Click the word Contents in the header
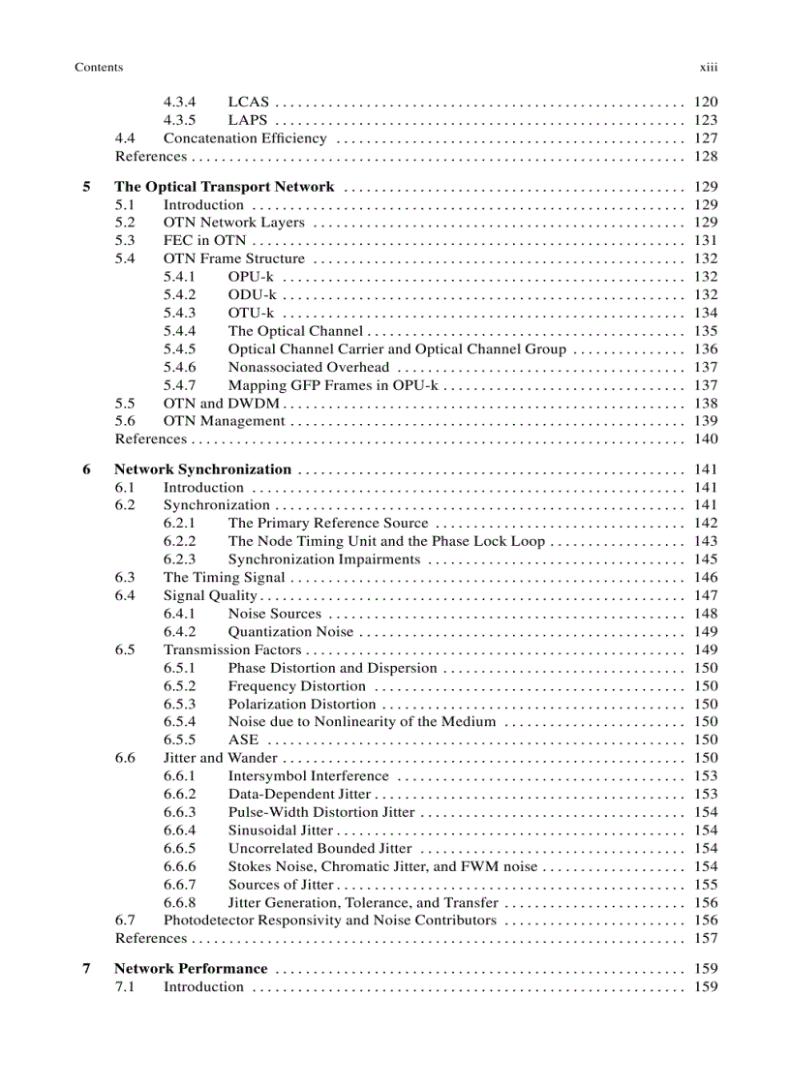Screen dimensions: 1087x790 click(x=99, y=68)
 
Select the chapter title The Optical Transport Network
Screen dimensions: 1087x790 click(x=224, y=187)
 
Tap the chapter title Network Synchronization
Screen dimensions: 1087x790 click(x=202, y=469)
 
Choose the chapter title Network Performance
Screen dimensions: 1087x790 click(x=191, y=969)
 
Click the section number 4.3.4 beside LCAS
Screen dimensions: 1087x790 click(x=179, y=102)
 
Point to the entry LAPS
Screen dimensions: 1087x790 click(x=247, y=120)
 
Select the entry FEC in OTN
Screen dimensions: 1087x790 click(x=204, y=241)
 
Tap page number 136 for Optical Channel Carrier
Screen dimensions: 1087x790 click(x=706, y=349)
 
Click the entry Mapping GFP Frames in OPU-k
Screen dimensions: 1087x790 click(x=332, y=385)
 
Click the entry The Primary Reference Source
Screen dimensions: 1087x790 click(x=327, y=524)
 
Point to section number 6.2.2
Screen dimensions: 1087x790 click(x=179, y=542)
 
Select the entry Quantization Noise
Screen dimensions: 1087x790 click(x=290, y=632)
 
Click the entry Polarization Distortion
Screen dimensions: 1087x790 click(x=301, y=705)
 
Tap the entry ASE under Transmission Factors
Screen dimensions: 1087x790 click(x=243, y=740)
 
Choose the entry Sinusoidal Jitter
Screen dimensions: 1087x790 click(x=280, y=830)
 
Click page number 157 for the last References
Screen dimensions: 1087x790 click(x=706, y=939)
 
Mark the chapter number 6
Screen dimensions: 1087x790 click(x=87, y=469)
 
